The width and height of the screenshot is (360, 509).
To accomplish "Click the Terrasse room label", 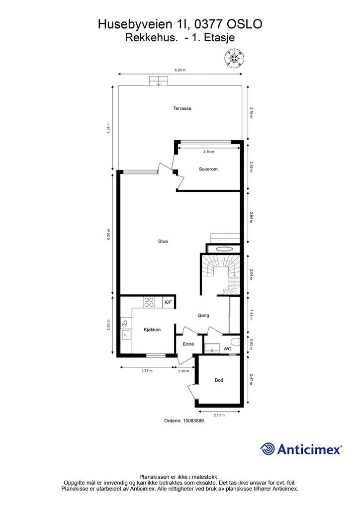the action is coord(182,108).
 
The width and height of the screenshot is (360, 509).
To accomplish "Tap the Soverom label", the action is coord(208,169).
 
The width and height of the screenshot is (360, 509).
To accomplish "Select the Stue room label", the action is coord(163,241).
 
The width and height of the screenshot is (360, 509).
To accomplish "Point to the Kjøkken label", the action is coord(152,330).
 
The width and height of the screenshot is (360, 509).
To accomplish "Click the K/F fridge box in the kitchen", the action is coord(168,302).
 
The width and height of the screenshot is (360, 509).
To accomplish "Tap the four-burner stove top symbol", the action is coord(149,302).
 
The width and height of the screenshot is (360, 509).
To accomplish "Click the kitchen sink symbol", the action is coord(126,335).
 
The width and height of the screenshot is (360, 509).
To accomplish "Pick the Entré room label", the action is coord(188,344).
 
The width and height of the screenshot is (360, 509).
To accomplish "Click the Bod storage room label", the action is coord(219,380).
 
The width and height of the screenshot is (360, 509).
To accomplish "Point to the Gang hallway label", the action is coord(203,315).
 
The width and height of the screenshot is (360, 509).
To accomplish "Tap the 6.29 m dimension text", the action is coord(180,70).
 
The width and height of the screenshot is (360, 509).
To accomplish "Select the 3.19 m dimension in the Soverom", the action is coord(209,152).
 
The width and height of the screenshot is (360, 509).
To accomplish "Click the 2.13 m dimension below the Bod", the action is coord(219,415).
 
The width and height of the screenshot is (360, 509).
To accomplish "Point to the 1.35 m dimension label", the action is coord(184,371).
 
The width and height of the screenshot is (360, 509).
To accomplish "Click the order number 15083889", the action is coord(193,421).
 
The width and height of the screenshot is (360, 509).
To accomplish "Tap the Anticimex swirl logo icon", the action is coord(267,449).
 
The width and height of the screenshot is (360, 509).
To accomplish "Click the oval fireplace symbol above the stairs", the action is coord(224,250).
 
